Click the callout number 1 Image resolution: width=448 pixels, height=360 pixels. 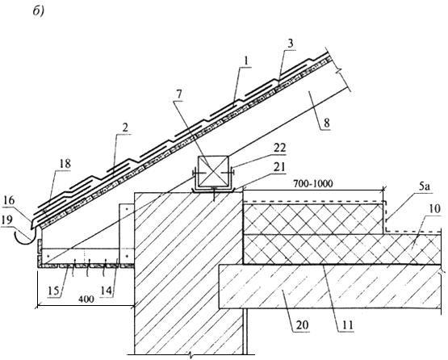pyautogui.click(x=246, y=61)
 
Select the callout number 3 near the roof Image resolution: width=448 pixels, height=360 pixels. pyautogui.click(x=290, y=44)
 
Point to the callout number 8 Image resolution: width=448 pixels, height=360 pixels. pyautogui.click(x=327, y=123)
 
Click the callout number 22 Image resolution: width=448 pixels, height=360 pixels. pyautogui.click(x=279, y=148)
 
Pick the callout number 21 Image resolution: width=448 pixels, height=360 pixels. pyautogui.click(x=278, y=167)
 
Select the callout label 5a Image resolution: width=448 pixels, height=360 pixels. pyautogui.click(x=425, y=188)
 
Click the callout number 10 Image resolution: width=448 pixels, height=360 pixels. pyautogui.click(x=434, y=209)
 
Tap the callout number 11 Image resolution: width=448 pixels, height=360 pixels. pyautogui.click(x=347, y=324)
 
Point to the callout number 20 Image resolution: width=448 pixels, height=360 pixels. pyautogui.click(x=303, y=324)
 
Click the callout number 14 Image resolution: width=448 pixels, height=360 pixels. pyautogui.click(x=107, y=291)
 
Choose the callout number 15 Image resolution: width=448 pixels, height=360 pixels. pyautogui.click(x=53, y=291)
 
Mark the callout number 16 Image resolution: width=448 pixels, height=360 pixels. pyautogui.click(x=9, y=200)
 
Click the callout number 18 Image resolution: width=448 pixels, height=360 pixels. pyautogui.click(x=65, y=164)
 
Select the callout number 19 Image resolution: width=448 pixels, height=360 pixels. pyautogui.click(x=6, y=220)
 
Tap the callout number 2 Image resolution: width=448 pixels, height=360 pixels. pyautogui.click(x=124, y=128)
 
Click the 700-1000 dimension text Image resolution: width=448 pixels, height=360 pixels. pyautogui.click(x=313, y=183)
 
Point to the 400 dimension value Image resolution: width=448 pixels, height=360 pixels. pyautogui.click(x=86, y=299)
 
